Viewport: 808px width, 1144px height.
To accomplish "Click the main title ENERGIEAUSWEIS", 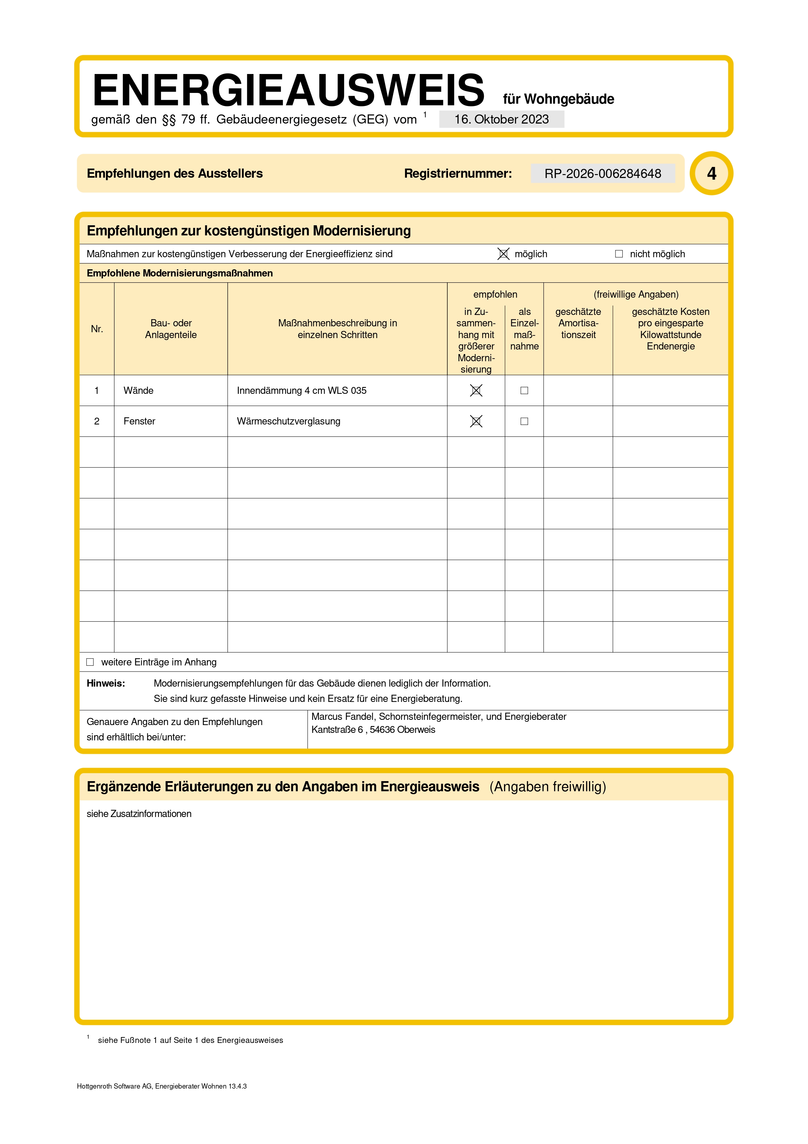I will click(x=288, y=90).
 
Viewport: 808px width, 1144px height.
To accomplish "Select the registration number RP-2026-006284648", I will click(x=602, y=173).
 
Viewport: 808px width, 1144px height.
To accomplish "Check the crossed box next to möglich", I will click(x=503, y=254).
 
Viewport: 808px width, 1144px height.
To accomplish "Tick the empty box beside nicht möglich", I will click(x=619, y=254).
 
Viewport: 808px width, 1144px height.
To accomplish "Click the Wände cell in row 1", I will click(x=138, y=391).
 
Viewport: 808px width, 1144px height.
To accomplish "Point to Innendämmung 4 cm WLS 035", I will click(x=301, y=391).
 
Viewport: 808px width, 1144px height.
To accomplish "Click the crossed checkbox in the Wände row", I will click(x=476, y=391).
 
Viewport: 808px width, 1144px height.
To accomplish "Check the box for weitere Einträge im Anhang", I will click(x=90, y=662).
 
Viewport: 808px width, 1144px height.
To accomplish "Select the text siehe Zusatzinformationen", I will click(x=139, y=814).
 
